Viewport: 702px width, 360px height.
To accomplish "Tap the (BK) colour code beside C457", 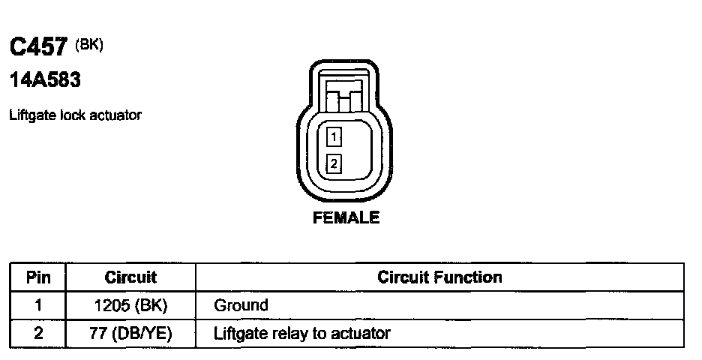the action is [89, 44].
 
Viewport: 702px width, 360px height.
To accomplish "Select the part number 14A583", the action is [44, 79].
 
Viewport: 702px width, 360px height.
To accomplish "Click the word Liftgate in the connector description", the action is [28, 115].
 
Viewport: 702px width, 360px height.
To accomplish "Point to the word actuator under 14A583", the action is [119, 115].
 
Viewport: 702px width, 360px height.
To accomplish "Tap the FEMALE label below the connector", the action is [346, 218].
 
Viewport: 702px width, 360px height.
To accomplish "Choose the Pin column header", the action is [38, 277].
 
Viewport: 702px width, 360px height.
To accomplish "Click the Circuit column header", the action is [130, 277].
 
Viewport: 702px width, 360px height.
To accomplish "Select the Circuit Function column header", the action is [439, 277].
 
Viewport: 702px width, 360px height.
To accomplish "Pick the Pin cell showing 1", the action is [38, 305].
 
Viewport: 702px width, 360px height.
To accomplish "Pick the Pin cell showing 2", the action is [38, 334].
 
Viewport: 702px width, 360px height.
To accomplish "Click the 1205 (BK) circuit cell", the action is [130, 305].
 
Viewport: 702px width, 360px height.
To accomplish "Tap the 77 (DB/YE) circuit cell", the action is [130, 334].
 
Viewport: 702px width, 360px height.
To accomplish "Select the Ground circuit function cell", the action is [241, 305].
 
